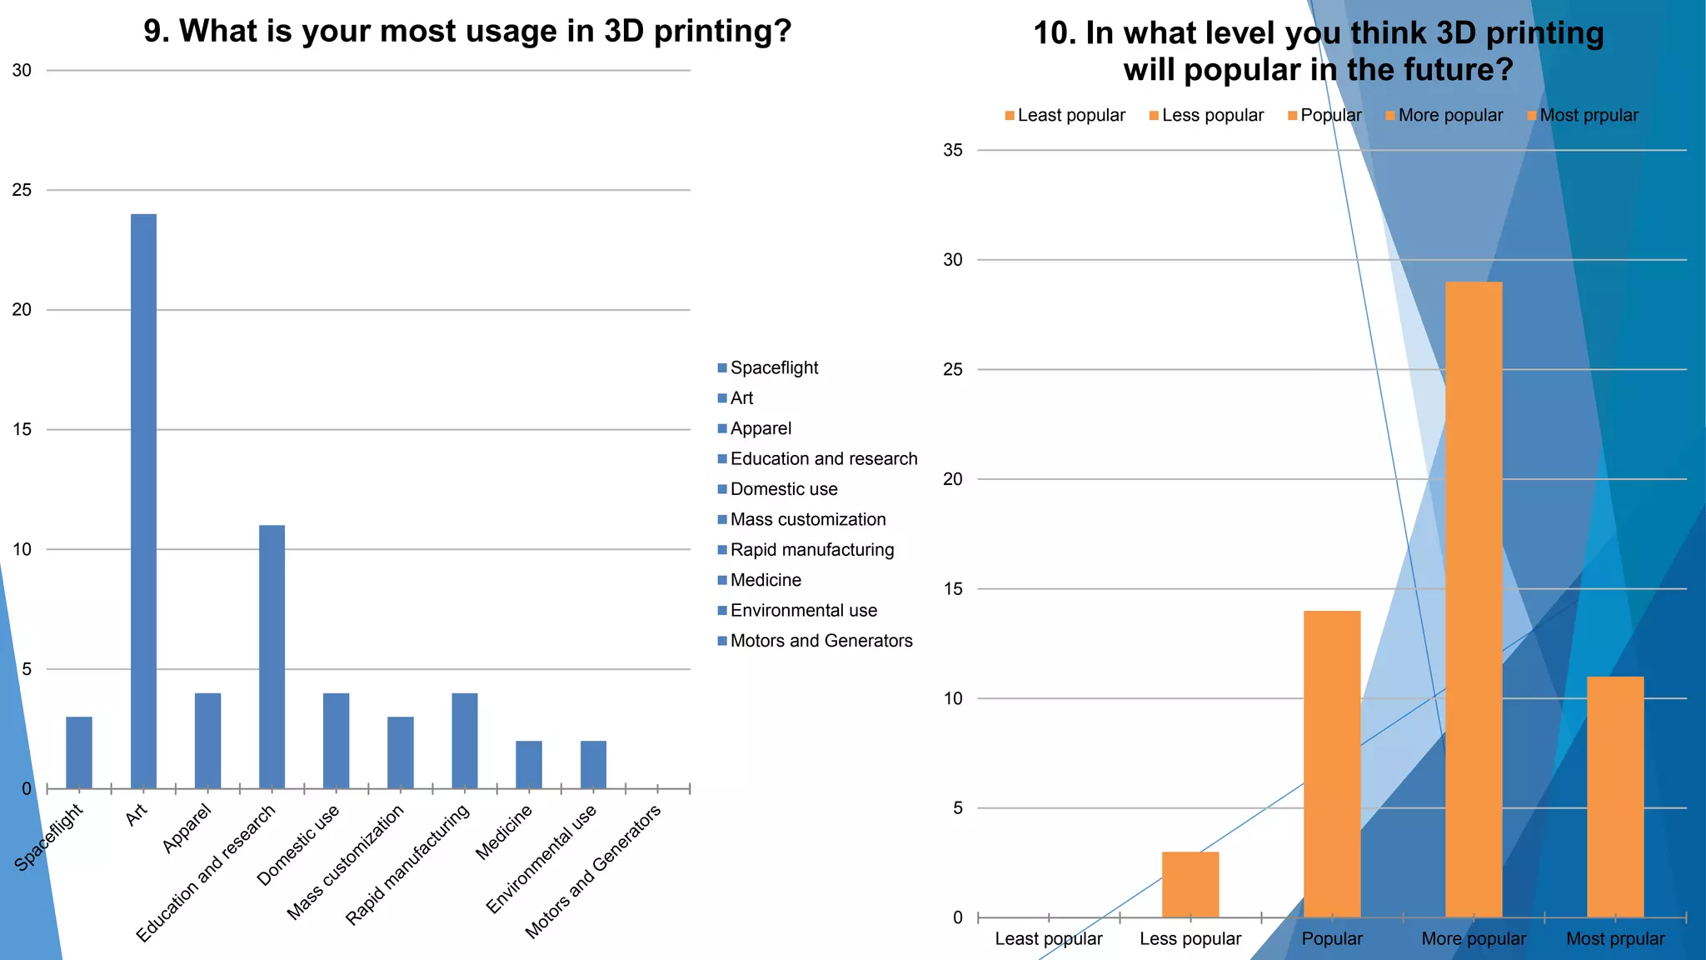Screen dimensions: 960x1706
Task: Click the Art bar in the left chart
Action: [143, 501]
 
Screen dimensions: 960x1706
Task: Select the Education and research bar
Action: [272, 657]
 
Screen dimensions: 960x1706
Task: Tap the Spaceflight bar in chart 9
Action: [79, 752]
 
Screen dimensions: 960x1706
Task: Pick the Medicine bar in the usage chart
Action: [528, 764]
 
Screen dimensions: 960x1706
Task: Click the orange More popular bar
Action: [1474, 599]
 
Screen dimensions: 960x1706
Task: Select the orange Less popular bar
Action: [1190, 884]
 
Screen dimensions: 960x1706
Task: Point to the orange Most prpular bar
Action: [1615, 797]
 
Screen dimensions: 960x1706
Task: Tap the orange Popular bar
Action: [1332, 763]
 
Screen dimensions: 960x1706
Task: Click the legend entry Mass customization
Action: [807, 519]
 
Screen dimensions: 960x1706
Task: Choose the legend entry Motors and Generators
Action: [821, 641]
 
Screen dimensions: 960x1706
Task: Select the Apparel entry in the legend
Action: [760, 428]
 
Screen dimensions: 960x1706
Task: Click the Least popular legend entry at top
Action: [1070, 115]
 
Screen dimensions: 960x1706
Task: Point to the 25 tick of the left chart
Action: [22, 190]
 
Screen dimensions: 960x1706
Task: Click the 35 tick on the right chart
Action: [952, 150]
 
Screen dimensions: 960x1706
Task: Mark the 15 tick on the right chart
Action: [952, 589]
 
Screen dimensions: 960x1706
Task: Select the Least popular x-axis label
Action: [1048, 939]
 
